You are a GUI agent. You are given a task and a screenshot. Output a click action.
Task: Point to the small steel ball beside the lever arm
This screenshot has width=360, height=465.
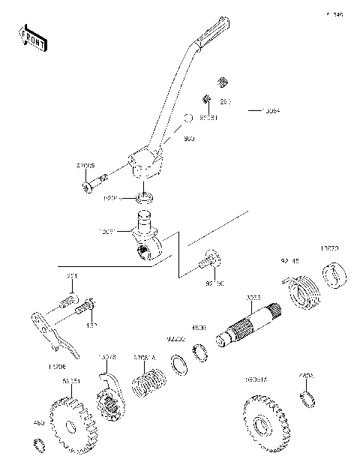(190, 118)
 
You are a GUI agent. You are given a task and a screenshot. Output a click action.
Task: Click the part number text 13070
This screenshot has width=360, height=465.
(330, 247)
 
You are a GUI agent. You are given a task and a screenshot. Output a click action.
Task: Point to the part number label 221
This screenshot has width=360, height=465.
(72, 277)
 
